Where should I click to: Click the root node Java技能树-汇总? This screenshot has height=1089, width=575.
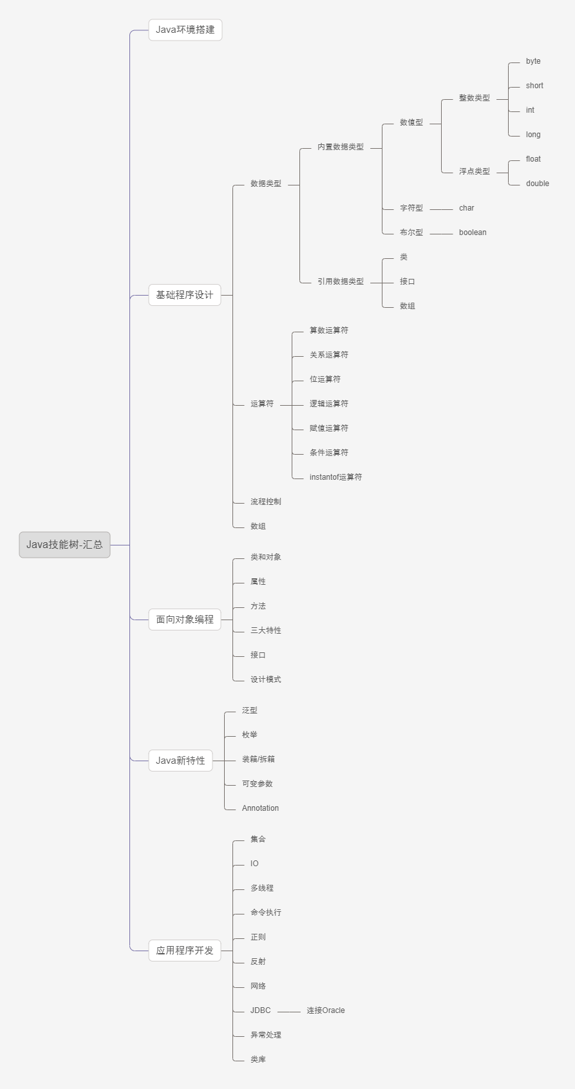[x=64, y=545]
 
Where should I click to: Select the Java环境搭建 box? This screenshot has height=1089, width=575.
[x=185, y=30]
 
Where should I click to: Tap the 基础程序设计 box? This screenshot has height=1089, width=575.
[x=185, y=295]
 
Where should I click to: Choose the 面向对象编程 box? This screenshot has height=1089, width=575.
[x=185, y=620]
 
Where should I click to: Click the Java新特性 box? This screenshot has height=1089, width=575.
[x=180, y=761]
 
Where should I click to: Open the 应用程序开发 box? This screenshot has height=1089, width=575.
[x=185, y=951]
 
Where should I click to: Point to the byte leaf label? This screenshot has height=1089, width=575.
[x=533, y=61]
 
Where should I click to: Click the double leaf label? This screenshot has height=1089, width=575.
[x=537, y=184]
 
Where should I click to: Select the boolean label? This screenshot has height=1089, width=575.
[x=473, y=232]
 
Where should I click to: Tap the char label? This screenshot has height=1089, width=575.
[x=466, y=208]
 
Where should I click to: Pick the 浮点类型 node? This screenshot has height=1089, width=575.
[x=474, y=171]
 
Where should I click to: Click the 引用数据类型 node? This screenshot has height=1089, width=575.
[x=340, y=281]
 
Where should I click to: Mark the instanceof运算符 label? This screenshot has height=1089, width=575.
[x=335, y=477]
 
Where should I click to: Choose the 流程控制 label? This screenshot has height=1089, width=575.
[x=265, y=502]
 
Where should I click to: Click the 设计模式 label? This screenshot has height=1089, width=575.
[x=265, y=679]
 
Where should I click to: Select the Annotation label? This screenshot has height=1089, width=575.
[x=260, y=808]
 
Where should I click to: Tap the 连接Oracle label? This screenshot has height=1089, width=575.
[x=325, y=1010]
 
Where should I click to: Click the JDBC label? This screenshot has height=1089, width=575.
[x=260, y=1010]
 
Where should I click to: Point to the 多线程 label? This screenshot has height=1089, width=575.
[x=261, y=888]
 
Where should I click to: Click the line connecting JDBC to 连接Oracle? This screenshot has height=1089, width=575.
[x=288, y=1012]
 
